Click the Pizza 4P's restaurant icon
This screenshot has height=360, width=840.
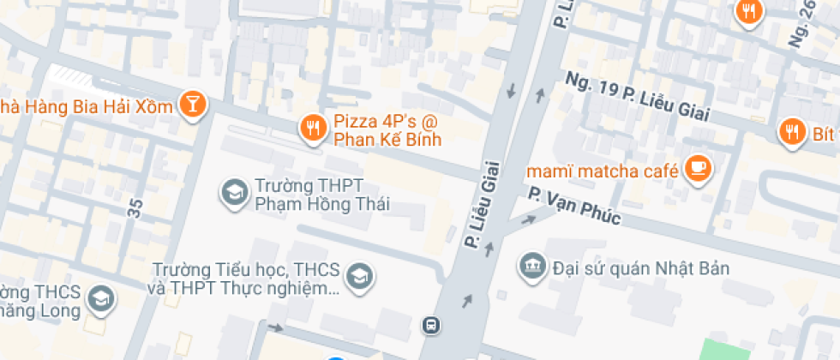click(x=311, y=129)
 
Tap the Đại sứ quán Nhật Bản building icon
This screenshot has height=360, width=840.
click(x=531, y=267)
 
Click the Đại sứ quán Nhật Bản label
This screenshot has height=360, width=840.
click(x=640, y=267)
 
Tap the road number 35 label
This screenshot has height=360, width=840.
click(x=135, y=207)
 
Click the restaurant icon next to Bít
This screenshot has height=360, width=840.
click(x=790, y=132)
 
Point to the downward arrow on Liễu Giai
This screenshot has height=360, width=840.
click(x=512, y=90)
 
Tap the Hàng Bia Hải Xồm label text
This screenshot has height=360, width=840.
click(x=86, y=106)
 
